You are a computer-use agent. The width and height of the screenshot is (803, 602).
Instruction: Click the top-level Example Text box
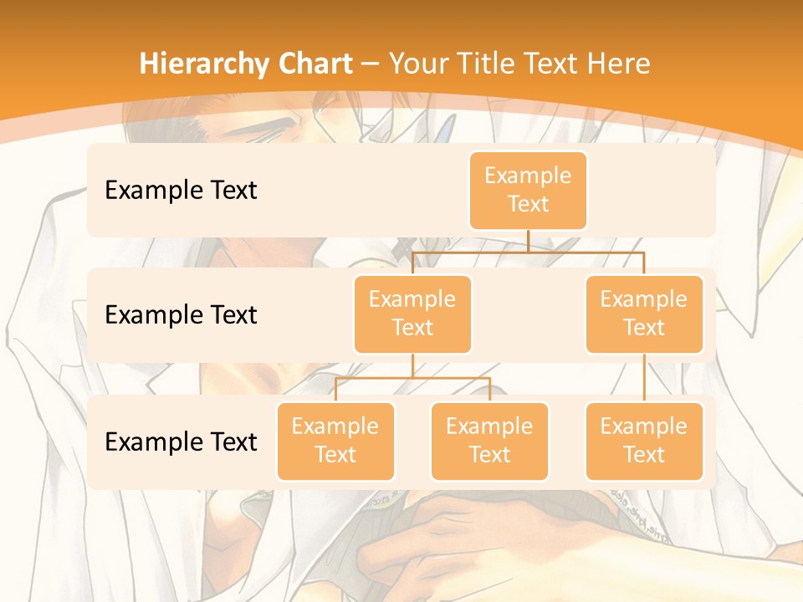coord(528,190)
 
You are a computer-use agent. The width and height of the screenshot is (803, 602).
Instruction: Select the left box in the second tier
coord(412,314)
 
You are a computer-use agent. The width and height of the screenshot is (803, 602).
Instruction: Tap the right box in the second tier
coord(644,314)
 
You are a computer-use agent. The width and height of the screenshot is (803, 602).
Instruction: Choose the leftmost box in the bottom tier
coord(335,441)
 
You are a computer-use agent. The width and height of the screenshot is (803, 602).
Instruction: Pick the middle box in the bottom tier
coord(489,441)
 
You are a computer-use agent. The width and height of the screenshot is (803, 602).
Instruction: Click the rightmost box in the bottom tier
coord(644,441)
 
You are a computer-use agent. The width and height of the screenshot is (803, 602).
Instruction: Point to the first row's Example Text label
coord(181,191)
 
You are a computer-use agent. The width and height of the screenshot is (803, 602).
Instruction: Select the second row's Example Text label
coord(181,315)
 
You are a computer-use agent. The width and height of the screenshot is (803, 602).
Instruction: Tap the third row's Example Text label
coord(181,441)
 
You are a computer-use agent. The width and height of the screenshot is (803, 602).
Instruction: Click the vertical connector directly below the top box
coord(528,241)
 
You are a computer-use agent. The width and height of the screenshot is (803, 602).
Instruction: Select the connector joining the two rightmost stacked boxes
coord(644,378)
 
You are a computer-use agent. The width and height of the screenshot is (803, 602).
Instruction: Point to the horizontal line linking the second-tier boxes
coord(528,251)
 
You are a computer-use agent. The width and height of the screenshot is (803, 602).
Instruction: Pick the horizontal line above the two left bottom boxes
coord(412,378)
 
